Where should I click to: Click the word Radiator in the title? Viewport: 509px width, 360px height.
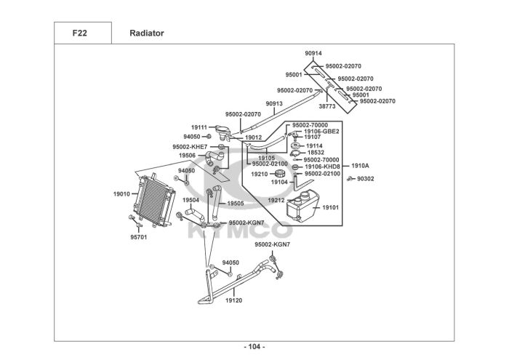[147, 33]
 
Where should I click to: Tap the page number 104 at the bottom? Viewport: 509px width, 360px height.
[254, 346]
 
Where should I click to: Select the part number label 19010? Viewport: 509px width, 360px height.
[121, 194]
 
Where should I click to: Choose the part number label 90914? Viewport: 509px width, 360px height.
[313, 54]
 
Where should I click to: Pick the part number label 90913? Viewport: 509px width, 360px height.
[274, 104]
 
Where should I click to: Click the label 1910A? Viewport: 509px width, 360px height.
[361, 166]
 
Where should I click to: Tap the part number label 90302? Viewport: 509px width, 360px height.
[366, 178]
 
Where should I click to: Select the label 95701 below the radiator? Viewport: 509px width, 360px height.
[138, 237]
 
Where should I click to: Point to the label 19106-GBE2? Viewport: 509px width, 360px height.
[321, 131]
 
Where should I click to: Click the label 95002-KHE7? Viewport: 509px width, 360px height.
[190, 147]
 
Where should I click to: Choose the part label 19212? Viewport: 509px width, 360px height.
[276, 201]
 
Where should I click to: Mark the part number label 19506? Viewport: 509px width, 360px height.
[187, 156]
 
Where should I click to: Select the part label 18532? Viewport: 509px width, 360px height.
[316, 153]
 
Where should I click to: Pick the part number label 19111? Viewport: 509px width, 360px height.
[199, 127]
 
